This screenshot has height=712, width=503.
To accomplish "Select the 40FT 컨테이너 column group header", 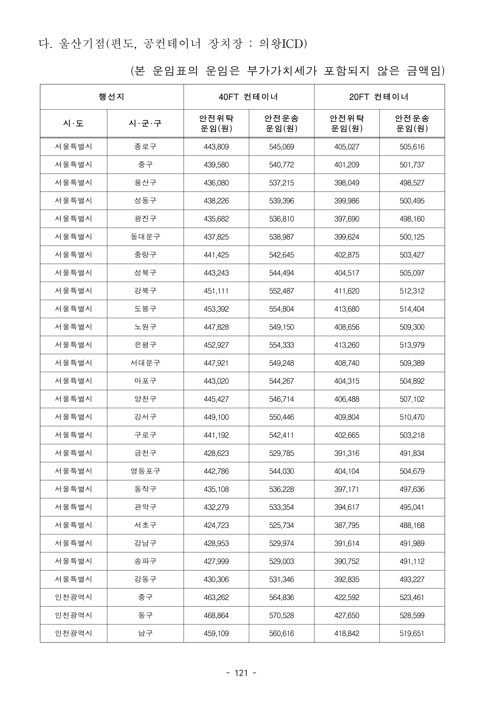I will pyautogui.click(x=249, y=97).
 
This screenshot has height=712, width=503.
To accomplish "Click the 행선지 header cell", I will pyautogui.click(x=112, y=97).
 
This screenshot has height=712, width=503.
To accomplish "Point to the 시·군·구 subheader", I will pyautogui.click(x=145, y=124).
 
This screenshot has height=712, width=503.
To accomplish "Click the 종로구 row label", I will pyautogui.click(x=145, y=147).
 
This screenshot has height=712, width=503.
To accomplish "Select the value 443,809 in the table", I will pyautogui.click(x=216, y=147).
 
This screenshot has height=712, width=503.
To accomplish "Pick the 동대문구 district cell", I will pyautogui.click(x=145, y=237).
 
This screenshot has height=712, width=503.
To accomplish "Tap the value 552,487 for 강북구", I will pyautogui.click(x=281, y=291).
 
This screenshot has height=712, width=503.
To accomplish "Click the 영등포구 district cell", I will pyautogui.click(x=145, y=471).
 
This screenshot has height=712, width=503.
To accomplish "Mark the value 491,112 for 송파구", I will pyautogui.click(x=412, y=561).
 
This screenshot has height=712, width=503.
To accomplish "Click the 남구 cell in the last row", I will pyautogui.click(x=145, y=633).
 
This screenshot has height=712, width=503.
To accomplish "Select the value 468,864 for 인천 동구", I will pyautogui.click(x=216, y=615).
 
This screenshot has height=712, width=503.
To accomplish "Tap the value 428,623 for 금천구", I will pyautogui.click(x=216, y=453).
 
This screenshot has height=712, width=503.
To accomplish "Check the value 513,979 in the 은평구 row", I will pyautogui.click(x=412, y=345).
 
